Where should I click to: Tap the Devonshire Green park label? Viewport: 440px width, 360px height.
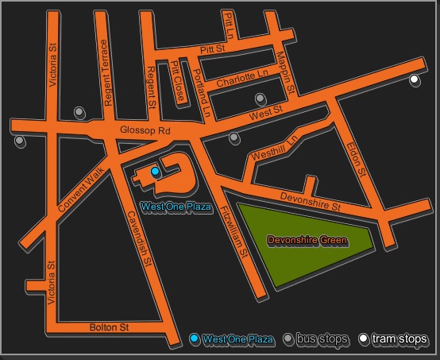pyautogui.click(x=307, y=239)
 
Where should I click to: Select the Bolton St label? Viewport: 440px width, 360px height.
pyautogui.click(x=109, y=327)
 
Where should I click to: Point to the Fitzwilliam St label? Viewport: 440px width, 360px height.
pyautogui.click(x=236, y=230)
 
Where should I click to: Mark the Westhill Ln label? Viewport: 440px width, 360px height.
pyautogui.click(x=273, y=148)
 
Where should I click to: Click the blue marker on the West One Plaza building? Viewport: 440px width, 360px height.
pyautogui.click(x=156, y=172)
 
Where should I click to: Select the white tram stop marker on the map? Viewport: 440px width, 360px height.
pyautogui.click(x=415, y=79)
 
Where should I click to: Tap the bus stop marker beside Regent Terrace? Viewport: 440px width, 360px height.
pyautogui.click(x=79, y=112)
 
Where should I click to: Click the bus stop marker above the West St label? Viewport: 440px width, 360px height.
pyautogui.click(x=261, y=99)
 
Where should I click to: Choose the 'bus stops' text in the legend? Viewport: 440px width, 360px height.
pyautogui.click(x=322, y=340)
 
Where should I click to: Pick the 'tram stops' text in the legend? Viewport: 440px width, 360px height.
pyautogui.click(x=399, y=340)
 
